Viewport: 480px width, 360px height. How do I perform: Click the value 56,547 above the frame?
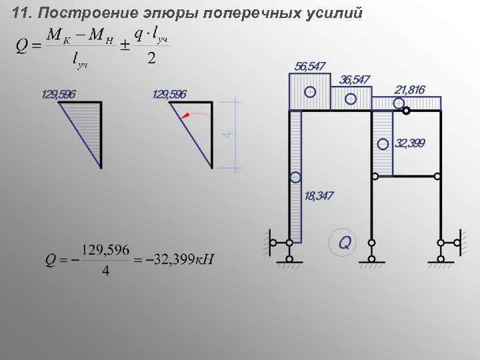pyautogui.click(x=310, y=66)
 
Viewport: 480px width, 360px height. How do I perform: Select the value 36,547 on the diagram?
pyautogui.click(x=355, y=79)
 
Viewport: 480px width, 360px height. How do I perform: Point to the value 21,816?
pyautogui.click(x=409, y=89)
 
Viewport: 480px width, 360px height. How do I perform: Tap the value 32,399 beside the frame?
pyautogui.click(x=410, y=143)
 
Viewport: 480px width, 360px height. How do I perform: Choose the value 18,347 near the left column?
pyautogui.click(x=319, y=196)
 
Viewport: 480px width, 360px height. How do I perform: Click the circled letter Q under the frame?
pyautogui.click(x=344, y=241)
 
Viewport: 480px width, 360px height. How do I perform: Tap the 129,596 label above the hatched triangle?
pyautogui.click(x=59, y=94)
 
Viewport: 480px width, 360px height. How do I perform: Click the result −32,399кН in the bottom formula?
pyautogui.click(x=184, y=259)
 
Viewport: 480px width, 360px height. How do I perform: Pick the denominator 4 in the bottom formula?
pyautogui.click(x=105, y=272)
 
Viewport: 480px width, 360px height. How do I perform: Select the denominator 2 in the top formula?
pyautogui.click(x=151, y=59)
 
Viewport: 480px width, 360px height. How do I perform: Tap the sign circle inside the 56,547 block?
pyautogui.click(x=310, y=92)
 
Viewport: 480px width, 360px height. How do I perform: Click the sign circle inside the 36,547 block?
pyautogui.click(x=350, y=99)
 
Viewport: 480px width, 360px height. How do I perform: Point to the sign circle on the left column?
pyautogui.click(x=295, y=177)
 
